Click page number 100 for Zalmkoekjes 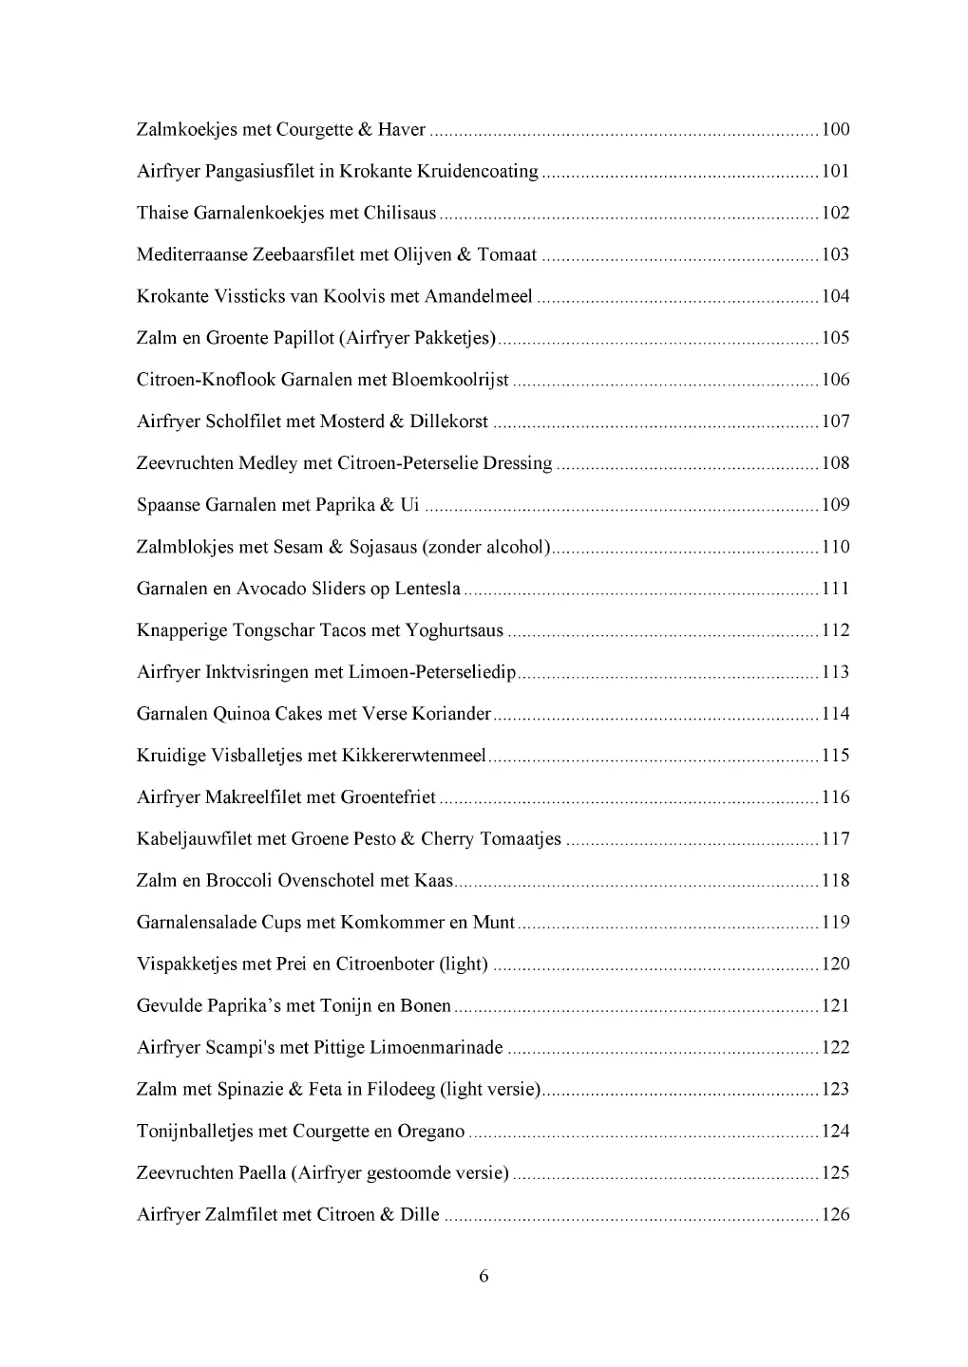click(x=835, y=130)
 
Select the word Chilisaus click(x=400, y=214)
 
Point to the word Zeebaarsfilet click(x=307, y=255)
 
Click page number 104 click(x=835, y=297)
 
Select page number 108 click(x=835, y=464)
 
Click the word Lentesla click(x=427, y=590)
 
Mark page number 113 click(x=835, y=673)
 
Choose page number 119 click(x=835, y=923)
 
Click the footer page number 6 click(x=484, y=1277)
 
